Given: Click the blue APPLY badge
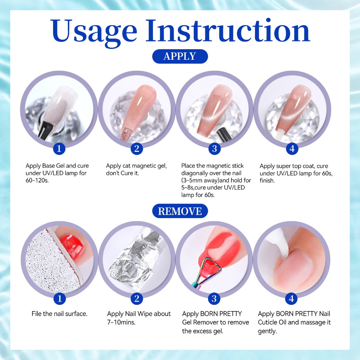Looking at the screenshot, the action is point(180,56).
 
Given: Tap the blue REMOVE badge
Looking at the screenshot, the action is point(180,211).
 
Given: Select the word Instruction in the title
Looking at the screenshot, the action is point(228,31).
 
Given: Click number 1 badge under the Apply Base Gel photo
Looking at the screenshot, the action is point(59,149).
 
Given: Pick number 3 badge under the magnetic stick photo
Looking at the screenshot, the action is point(214,149).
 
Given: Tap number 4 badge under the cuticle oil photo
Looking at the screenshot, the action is point(291,299).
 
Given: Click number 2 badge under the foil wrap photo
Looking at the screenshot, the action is point(137,299).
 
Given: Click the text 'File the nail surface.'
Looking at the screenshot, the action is point(59,314).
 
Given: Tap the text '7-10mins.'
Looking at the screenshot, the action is point(121,322).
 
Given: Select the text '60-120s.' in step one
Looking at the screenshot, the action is point(37,180).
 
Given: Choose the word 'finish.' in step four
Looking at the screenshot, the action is point(267,180).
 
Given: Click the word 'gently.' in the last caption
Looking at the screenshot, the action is point(267,332).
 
